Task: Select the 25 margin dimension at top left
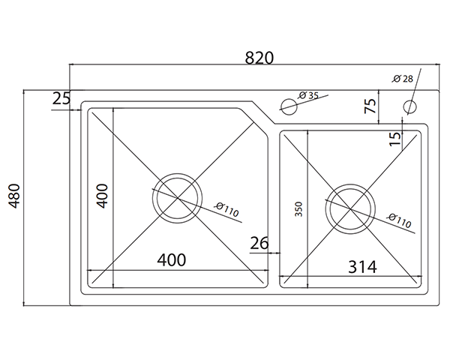(x=61, y=97)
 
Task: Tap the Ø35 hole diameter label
(x=308, y=95)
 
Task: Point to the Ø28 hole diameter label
(x=403, y=79)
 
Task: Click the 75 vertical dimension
(x=370, y=105)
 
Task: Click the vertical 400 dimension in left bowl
(x=103, y=196)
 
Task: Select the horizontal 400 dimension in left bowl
(x=171, y=260)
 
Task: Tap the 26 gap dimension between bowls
(x=259, y=242)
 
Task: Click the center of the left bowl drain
(x=177, y=196)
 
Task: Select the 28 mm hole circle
(x=410, y=106)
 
